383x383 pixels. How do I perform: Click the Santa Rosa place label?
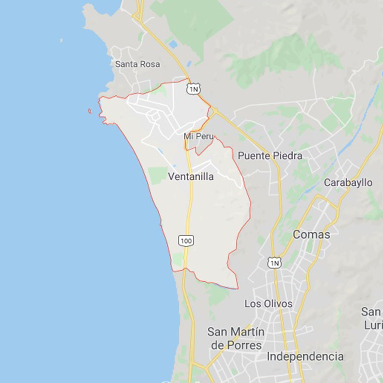point(137,64)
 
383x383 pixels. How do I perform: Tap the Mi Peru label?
point(199,136)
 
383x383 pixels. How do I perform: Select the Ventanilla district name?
point(191,177)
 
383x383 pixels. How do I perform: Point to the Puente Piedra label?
point(270,156)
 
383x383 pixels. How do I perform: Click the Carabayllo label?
point(348,183)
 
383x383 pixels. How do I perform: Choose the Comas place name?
point(311,234)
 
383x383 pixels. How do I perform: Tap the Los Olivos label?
point(268,304)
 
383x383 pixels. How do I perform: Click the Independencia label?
point(305,356)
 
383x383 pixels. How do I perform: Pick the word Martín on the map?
point(249,332)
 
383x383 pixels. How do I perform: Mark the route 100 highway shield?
point(186,241)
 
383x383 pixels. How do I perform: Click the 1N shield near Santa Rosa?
point(193,89)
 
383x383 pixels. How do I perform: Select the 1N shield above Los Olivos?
point(274,263)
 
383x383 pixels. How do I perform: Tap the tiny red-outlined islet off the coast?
point(89,111)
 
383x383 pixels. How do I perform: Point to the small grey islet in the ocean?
point(61,40)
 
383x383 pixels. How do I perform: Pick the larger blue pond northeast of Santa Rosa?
point(173,44)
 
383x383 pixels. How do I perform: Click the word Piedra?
point(288,156)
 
